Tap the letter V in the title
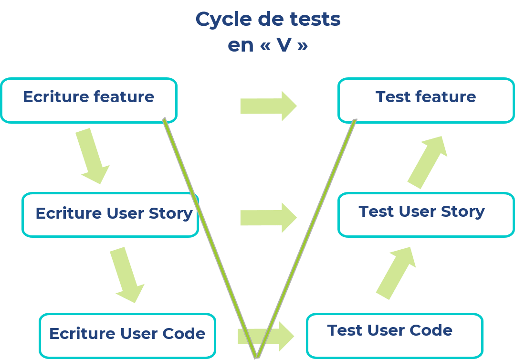pyautogui.click(x=284, y=45)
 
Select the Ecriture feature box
pyautogui.click(x=89, y=100)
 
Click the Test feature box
pyautogui.click(x=426, y=100)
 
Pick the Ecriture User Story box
pyautogui.click(x=110, y=214)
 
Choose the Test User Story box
pyautogui.click(x=426, y=214)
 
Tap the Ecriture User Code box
pyautogui.click(x=127, y=335)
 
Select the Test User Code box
pyautogui.click(x=394, y=335)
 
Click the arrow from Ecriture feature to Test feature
pyautogui.click(x=268, y=106)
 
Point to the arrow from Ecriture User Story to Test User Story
pyautogui.click(x=268, y=218)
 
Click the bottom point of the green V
pyautogui.click(x=257, y=356)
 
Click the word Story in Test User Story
pyautogui.click(x=462, y=212)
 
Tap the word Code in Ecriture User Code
pyautogui.click(x=187, y=333)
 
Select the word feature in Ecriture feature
pyautogui.click(x=124, y=97)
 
